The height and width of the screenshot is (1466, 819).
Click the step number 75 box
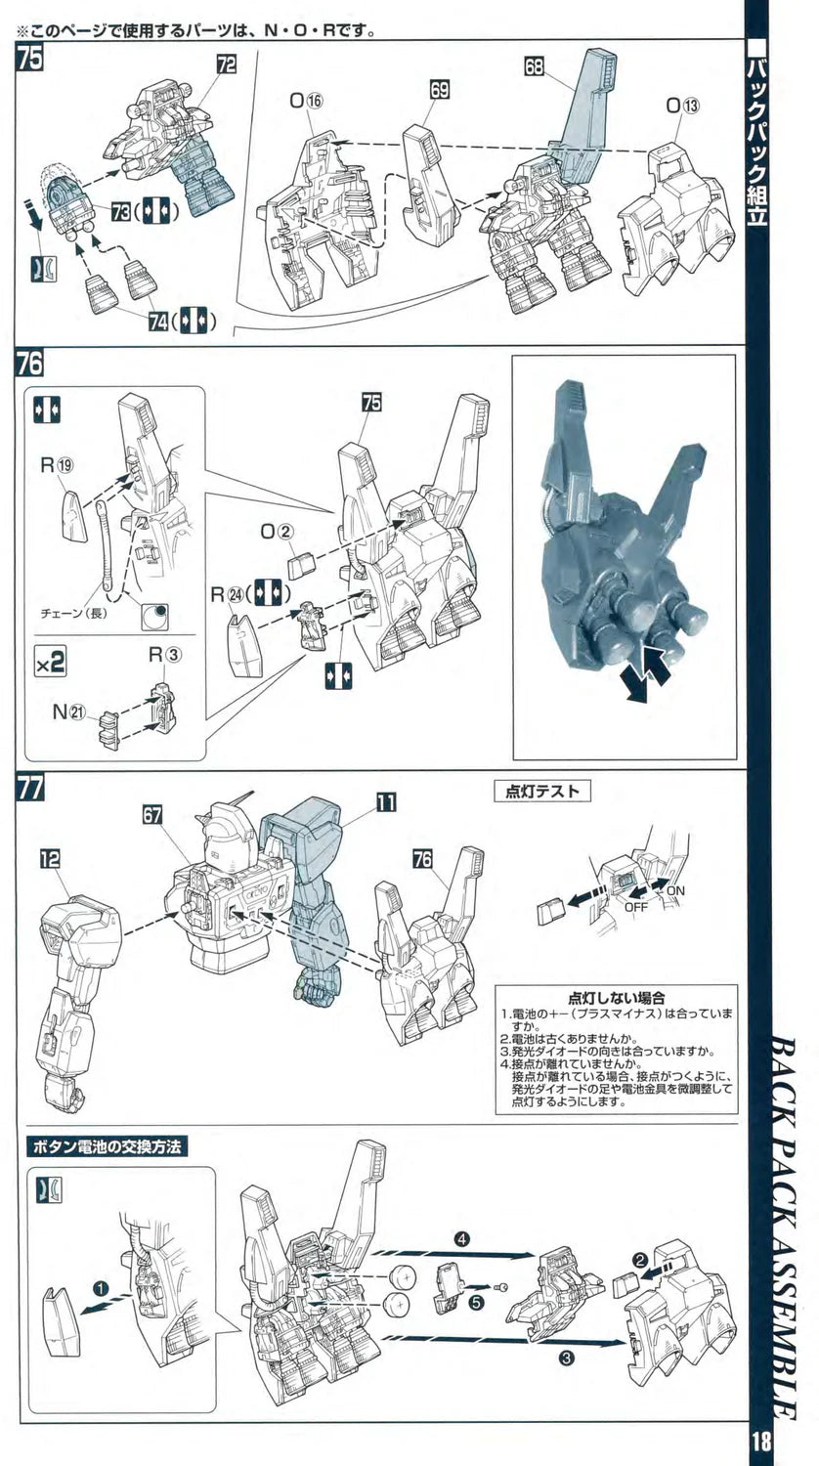29,59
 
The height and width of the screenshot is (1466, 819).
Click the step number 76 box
29,364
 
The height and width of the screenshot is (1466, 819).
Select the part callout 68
534,67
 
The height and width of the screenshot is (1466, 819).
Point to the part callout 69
439,90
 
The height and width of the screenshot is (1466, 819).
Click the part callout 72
227,65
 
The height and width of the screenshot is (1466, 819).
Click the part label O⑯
305,100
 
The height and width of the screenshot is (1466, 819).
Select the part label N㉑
69,713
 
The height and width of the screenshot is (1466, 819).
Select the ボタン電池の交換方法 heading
108,1145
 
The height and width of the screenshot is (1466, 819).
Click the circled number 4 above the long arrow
462,1237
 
